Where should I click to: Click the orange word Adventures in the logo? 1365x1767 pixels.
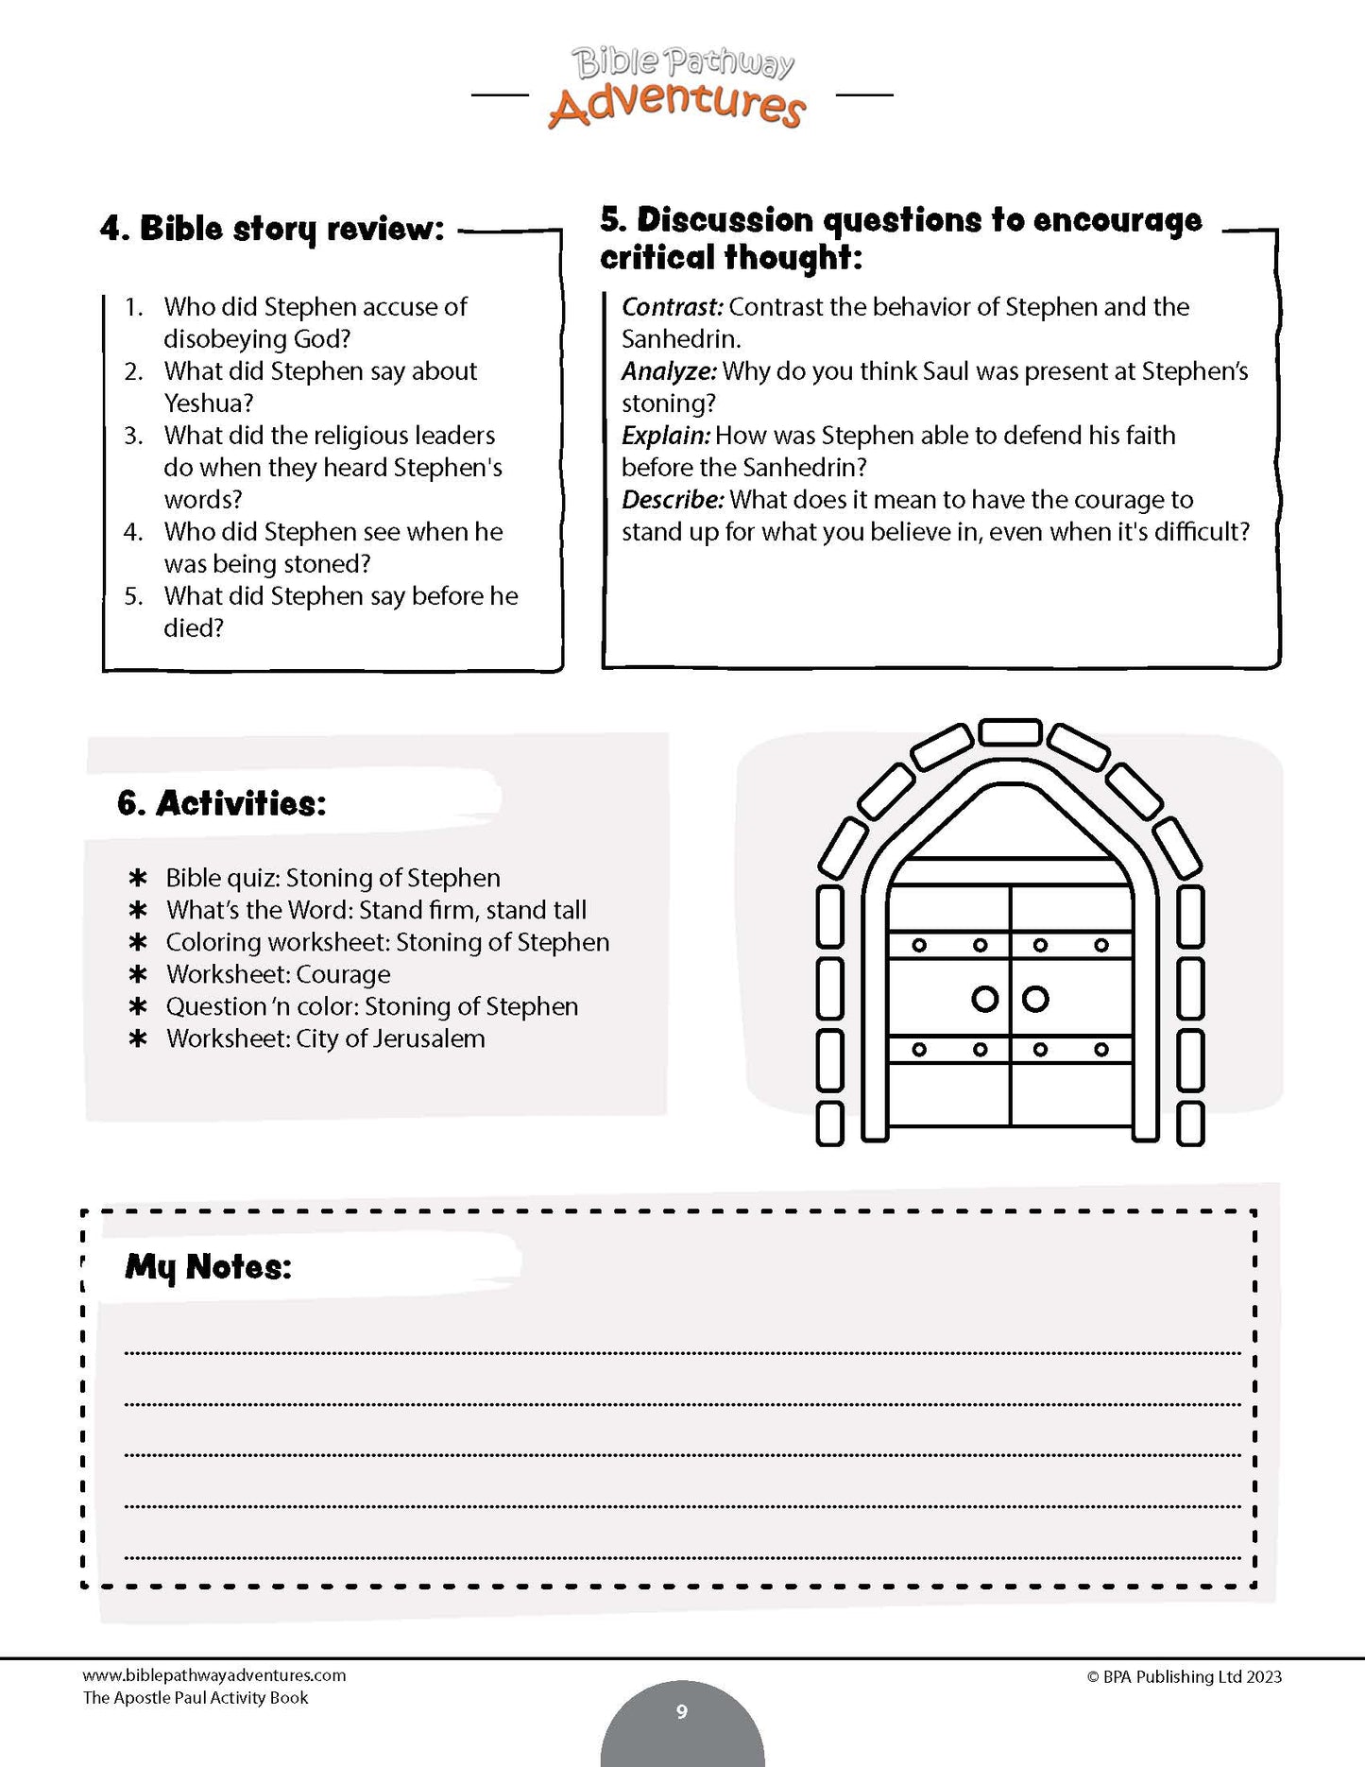676,106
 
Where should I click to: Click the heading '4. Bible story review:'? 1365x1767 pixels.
272,229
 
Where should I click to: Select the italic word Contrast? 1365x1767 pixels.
672,307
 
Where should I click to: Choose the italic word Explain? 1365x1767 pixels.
665,436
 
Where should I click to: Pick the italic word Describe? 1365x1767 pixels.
673,500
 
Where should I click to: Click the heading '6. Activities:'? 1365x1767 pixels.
221,803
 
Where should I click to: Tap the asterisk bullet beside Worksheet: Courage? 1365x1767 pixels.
138,974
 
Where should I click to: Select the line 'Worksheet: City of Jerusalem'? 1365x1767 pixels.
325,1038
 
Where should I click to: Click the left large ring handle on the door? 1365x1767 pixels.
984,999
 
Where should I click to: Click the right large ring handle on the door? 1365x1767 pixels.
1036,999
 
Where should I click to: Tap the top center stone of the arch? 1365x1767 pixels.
1010,732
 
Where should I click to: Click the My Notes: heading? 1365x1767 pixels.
208,1267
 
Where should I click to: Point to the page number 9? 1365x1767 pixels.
682,1711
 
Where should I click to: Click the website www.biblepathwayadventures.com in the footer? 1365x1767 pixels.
214,1675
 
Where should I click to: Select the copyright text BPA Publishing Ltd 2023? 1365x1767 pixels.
1185,1677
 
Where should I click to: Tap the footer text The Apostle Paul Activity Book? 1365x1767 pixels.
196,1698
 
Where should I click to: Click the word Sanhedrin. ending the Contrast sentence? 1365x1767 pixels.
681,339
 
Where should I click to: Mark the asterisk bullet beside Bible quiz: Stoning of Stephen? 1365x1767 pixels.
138,878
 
